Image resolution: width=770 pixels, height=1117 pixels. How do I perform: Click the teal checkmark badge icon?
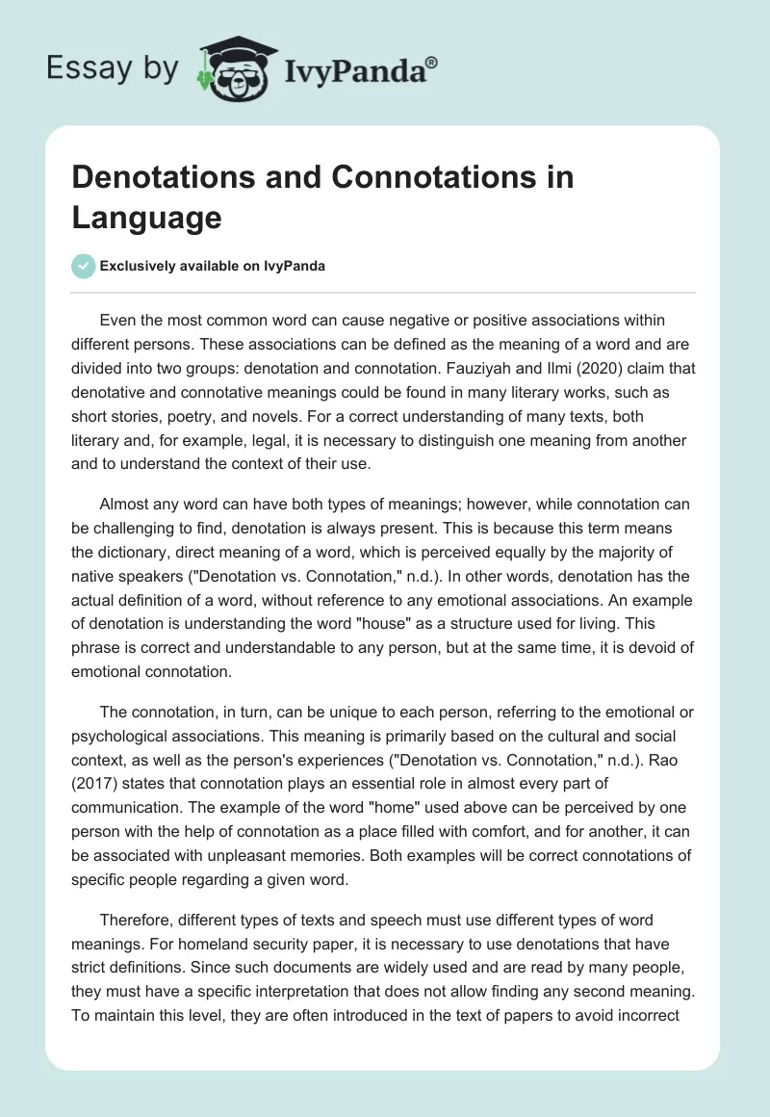tap(83, 266)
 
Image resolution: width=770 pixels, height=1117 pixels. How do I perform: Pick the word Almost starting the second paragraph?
tap(126, 505)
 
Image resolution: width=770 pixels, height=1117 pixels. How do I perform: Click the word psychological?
tap(116, 736)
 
